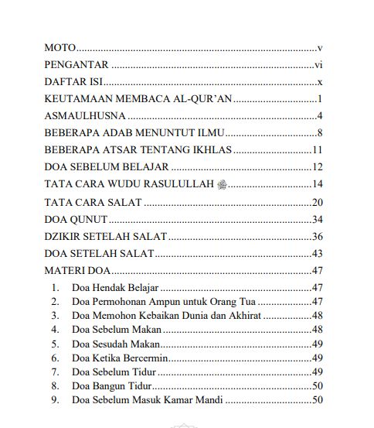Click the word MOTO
click(x=60, y=48)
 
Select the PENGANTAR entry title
click(x=76, y=65)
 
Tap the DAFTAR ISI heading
click(x=74, y=82)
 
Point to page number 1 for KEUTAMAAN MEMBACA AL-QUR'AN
click(x=318, y=99)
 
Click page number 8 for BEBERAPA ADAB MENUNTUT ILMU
click(x=318, y=133)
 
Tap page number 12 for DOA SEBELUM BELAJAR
click(x=316, y=167)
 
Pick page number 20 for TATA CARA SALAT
click(x=316, y=203)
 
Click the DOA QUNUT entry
click(x=75, y=220)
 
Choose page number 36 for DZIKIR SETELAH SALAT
click(x=316, y=237)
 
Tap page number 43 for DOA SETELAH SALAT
click(x=316, y=254)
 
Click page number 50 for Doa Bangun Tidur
click(x=316, y=385)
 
